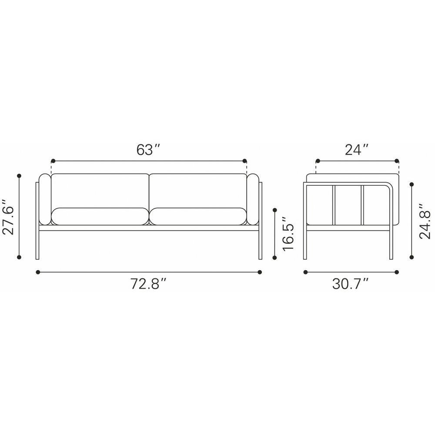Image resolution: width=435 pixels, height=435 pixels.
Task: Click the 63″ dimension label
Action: pos(148,150)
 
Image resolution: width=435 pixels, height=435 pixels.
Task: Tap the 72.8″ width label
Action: pos(148,284)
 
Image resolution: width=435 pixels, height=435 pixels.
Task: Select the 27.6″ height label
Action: pos(8,217)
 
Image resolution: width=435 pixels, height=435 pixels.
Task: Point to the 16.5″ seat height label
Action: pos(288,233)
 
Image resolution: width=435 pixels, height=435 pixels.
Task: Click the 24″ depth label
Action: pos(357,150)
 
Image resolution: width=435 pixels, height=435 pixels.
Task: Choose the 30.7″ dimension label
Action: pos(351,284)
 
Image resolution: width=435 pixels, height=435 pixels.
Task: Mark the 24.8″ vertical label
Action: pos(425,221)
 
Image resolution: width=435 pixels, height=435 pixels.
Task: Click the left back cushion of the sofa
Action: pos(100,191)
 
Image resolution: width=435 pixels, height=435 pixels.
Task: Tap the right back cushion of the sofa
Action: pos(198,191)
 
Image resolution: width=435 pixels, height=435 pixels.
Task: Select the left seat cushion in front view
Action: pos(100,216)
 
